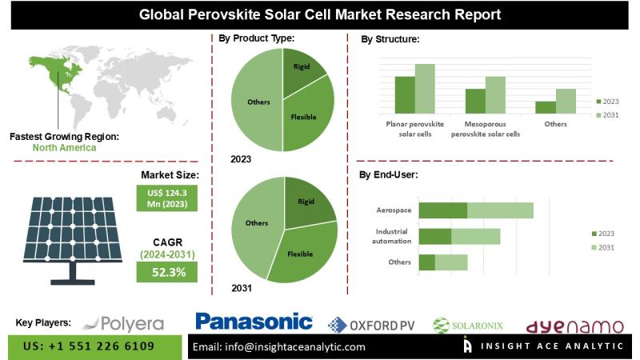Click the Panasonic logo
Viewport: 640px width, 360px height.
coord(254,322)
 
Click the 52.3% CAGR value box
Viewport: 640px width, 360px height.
coord(168,272)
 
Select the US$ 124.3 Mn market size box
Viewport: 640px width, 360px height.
coord(168,196)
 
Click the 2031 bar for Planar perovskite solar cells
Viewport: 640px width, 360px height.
coord(425,89)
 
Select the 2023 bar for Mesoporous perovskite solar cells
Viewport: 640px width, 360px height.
coord(476,101)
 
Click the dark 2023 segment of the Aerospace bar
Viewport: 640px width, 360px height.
coord(442,210)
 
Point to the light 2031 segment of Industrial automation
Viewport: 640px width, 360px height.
coord(475,236)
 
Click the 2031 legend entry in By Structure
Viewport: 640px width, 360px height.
coord(608,116)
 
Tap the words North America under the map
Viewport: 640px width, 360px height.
coord(64,147)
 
